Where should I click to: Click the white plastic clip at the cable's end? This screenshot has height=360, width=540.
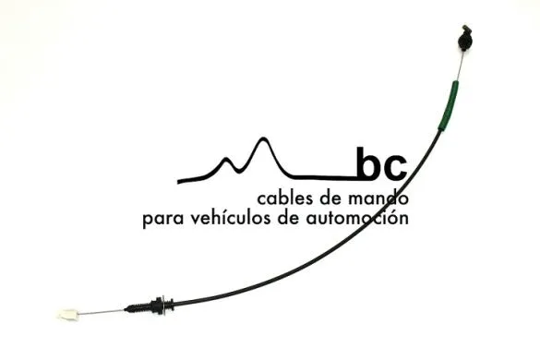pos(66,315)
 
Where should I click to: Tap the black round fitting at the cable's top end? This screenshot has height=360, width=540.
pos(462,40)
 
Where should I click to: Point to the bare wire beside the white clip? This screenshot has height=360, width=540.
pos(102,310)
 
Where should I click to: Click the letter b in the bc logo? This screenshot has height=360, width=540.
pos(368,164)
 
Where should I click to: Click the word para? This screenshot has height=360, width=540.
pos(162,221)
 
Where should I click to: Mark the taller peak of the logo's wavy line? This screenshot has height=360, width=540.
pos(264,141)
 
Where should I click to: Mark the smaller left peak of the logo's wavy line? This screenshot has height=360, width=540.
pos(226,159)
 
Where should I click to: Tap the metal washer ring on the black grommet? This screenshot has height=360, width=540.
pos(162,303)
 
